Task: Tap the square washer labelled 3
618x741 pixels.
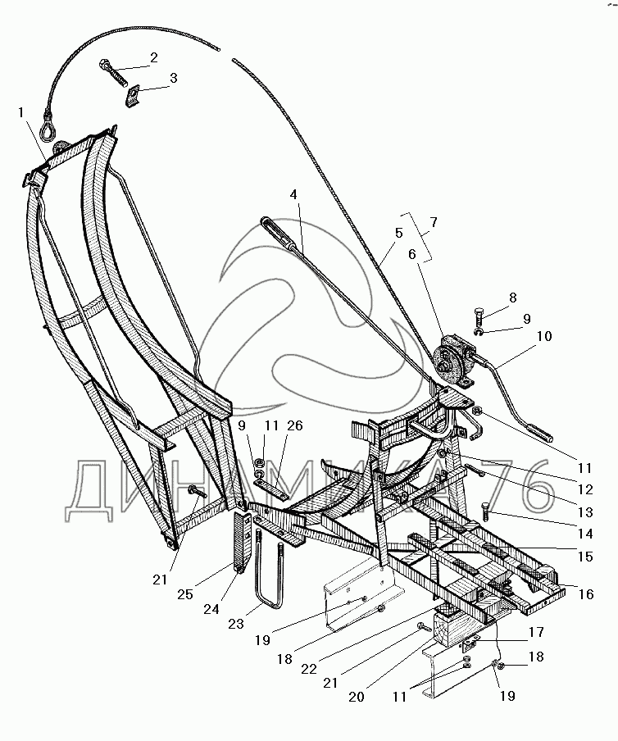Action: (x=133, y=96)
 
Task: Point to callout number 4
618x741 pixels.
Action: (x=293, y=196)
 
